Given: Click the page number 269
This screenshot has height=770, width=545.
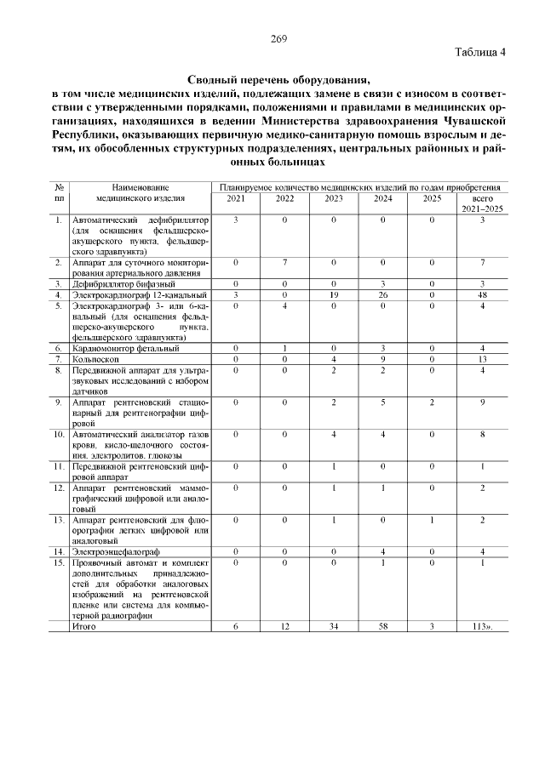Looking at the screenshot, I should click(278, 38).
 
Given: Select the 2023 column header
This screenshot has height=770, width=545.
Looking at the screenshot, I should click(334, 199).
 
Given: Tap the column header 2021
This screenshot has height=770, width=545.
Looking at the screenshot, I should click(235, 199).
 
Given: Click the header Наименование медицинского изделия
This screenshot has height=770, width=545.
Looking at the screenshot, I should click(141, 193).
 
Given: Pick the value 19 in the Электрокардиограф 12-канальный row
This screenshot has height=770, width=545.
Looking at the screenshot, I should click(334, 294).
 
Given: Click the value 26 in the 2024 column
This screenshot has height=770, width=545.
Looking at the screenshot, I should click(383, 294).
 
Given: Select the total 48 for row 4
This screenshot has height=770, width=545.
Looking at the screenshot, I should click(482, 294).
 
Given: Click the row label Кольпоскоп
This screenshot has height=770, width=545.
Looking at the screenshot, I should click(95, 359).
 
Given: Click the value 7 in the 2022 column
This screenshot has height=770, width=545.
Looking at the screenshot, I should click(284, 263).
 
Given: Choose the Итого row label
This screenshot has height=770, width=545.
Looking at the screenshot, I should click(84, 626).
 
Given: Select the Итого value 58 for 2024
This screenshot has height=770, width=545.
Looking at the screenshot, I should click(383, 626).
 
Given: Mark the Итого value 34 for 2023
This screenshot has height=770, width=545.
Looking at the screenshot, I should click(334, 626).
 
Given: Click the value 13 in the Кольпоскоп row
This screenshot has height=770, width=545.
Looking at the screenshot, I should click(482, 359).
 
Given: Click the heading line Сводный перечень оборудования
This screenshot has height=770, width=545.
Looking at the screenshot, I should click(278, 79).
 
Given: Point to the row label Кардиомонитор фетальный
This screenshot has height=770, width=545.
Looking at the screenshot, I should click(125, 348).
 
